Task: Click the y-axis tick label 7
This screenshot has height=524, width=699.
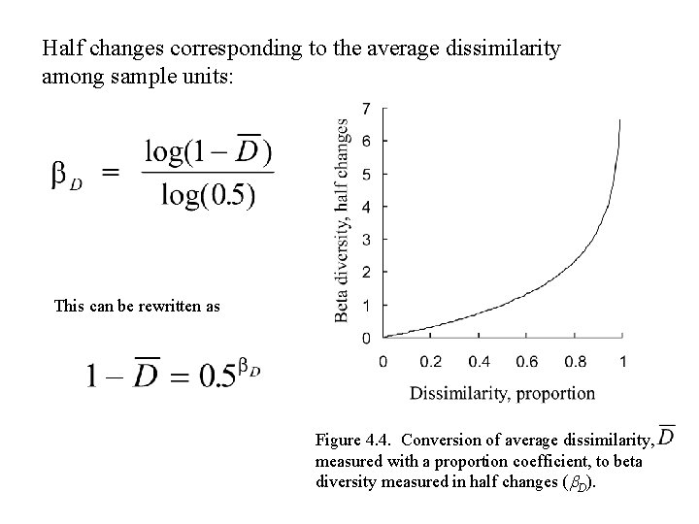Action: [365, 107]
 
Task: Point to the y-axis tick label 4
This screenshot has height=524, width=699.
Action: [365, 207]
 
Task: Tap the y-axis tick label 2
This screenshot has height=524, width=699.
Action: [365, 272]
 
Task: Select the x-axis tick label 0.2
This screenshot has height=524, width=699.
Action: [430, 362]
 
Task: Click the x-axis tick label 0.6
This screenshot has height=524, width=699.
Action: [526, 362]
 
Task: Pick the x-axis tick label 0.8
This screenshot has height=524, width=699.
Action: [574, 362]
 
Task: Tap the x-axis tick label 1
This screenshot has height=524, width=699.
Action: [622, 362]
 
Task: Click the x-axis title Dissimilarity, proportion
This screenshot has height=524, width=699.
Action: [502, 393]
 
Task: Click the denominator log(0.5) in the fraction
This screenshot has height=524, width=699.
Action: [208, 195]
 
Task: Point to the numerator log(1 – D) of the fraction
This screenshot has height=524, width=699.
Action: [208, 151]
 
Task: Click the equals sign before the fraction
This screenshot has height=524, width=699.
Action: [111, 174]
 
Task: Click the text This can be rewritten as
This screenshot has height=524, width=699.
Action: [137, 307]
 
